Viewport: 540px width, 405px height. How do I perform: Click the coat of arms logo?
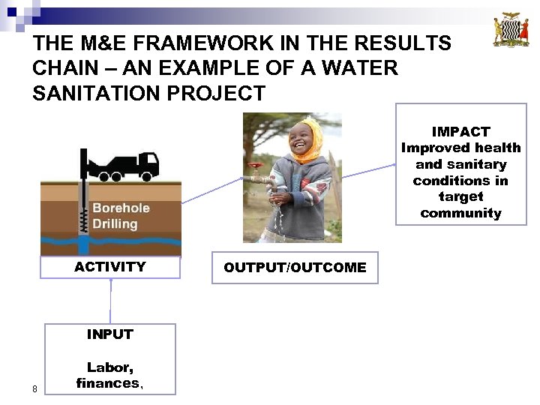click(511, 30)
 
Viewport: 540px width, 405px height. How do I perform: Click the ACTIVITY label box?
click(110, 267)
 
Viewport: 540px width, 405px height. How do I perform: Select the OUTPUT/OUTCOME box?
click(295, 268)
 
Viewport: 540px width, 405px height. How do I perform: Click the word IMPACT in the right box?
click(460, 131)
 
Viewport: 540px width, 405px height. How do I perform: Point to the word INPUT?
click(109, 334)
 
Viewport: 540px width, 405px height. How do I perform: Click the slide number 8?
click(34, 388)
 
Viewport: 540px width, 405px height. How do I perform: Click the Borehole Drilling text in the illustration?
click(120, 216)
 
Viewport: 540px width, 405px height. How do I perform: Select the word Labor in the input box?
click(109, 367)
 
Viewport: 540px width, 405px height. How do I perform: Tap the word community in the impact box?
click(460, 213)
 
